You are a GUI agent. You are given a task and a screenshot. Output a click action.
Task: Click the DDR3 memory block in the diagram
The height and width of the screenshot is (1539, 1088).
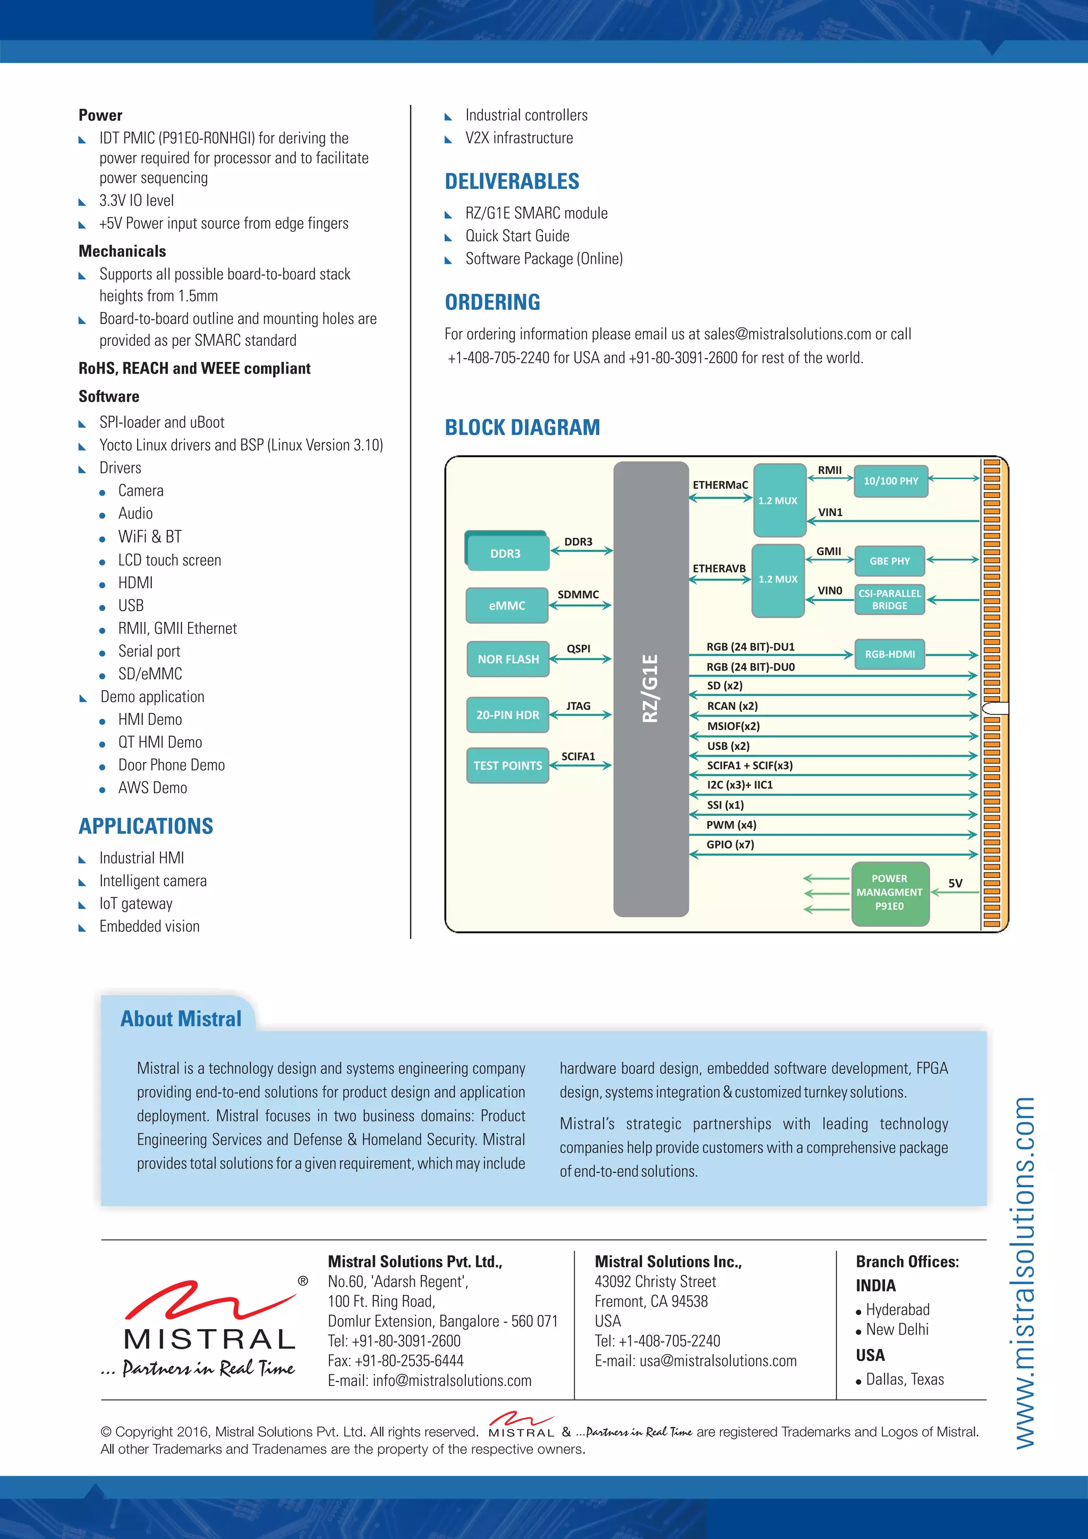506,553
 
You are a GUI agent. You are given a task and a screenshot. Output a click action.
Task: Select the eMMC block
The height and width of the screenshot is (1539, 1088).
507,605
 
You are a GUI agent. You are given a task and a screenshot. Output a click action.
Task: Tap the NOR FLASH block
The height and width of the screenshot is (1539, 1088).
508,659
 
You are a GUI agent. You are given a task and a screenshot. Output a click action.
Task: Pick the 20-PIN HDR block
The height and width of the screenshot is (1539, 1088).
507,715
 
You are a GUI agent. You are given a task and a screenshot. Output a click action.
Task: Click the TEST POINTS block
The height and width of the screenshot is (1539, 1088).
507,765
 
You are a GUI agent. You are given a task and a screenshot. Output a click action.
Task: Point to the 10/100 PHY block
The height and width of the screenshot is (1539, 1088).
890,480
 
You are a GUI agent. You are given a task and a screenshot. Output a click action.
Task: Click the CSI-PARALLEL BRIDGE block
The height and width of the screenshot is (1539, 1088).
890,599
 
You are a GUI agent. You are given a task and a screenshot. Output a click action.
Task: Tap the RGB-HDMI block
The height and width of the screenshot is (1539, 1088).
890,654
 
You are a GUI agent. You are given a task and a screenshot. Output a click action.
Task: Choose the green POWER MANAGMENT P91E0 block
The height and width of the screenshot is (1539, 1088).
890,892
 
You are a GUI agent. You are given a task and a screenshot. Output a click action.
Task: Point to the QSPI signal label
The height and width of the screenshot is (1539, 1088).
578,648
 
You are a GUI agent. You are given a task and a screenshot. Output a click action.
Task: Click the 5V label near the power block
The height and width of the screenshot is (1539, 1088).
955,883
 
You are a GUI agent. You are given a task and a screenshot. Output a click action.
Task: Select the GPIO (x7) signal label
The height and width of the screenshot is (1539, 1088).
730,844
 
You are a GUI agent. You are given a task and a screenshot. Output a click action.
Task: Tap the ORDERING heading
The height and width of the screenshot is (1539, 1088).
492,302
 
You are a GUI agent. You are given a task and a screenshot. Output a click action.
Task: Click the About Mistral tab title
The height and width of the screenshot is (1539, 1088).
181,1019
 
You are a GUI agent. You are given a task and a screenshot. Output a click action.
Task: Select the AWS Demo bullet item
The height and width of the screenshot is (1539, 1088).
153,788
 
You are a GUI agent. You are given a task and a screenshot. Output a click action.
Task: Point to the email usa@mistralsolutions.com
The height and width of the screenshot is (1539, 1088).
718,1360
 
